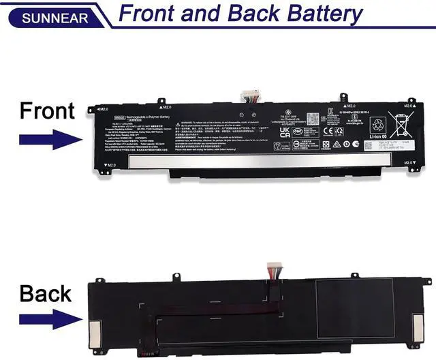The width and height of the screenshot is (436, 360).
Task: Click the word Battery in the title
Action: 319,14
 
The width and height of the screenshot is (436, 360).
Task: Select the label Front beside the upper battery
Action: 47,110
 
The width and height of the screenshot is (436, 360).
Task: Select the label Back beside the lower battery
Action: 46,293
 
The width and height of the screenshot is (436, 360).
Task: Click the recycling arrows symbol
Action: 377,124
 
